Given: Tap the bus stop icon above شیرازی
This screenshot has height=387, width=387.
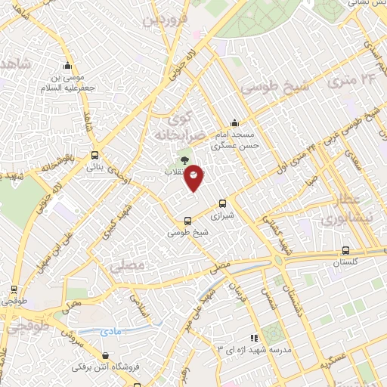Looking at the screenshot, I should point(222,203).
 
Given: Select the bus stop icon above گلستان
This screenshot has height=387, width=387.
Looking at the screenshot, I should point(345,250).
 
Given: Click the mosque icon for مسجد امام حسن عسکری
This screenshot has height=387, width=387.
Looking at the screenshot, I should point(235,122).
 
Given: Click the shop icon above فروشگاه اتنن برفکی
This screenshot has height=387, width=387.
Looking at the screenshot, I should point(104,355).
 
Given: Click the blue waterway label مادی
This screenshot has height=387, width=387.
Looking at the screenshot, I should point(110,331).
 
